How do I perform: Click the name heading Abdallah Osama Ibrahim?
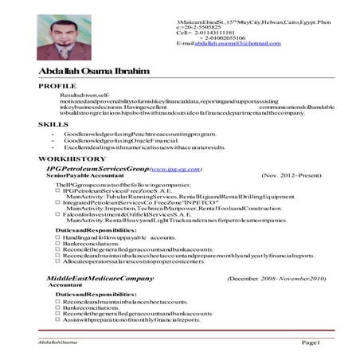pyautogui.click(x=93, y=72)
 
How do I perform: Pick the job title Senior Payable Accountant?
pyautogui.click(x=82, y=176)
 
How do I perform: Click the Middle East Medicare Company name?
pyautogui.click(x=99, y=279)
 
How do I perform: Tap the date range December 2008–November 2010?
pyautogui.click(x=276, y=279)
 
